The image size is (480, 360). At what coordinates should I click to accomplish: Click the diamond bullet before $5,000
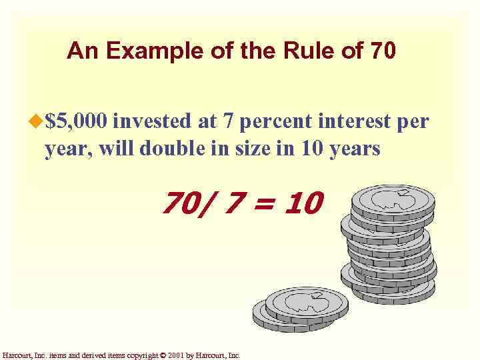37,122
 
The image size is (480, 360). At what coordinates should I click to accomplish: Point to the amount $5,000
77,123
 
